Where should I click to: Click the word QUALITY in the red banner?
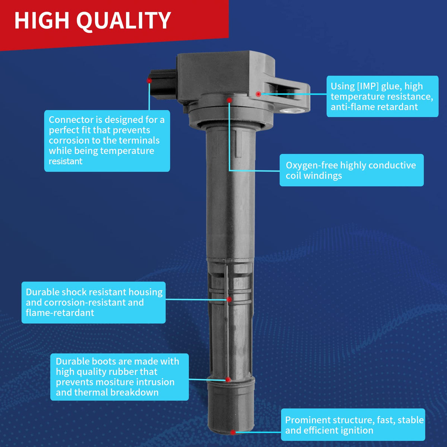(124, 21)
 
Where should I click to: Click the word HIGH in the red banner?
(42, 20)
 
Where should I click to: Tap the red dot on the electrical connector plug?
(149, 81)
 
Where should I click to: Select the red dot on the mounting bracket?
(259, 94)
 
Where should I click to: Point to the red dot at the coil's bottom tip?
(233, 432)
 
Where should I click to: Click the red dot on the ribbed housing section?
(229, 299)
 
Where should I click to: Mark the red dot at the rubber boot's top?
(228, 380)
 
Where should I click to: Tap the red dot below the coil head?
(229, 100)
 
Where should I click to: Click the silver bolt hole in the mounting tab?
(291, 110)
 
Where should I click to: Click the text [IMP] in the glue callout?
(368, 86)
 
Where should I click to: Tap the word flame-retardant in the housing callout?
(60, 313)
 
